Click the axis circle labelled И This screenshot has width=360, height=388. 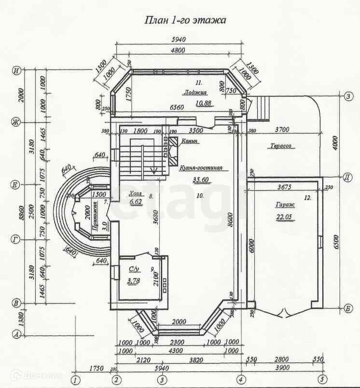click(x=17, y=70)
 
